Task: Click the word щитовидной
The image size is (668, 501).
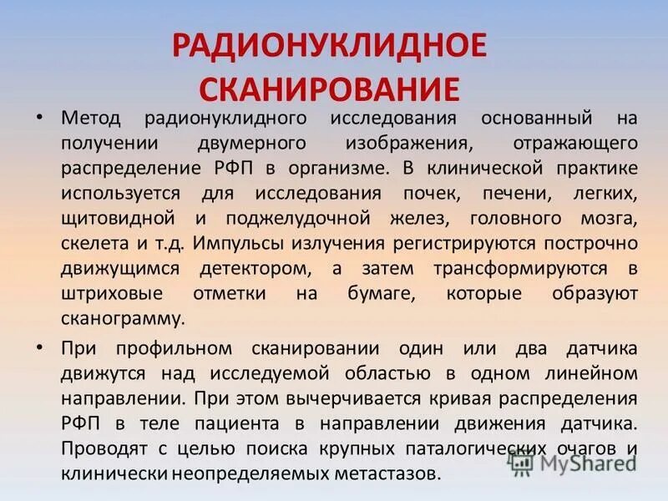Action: click(x=118, y=220)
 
